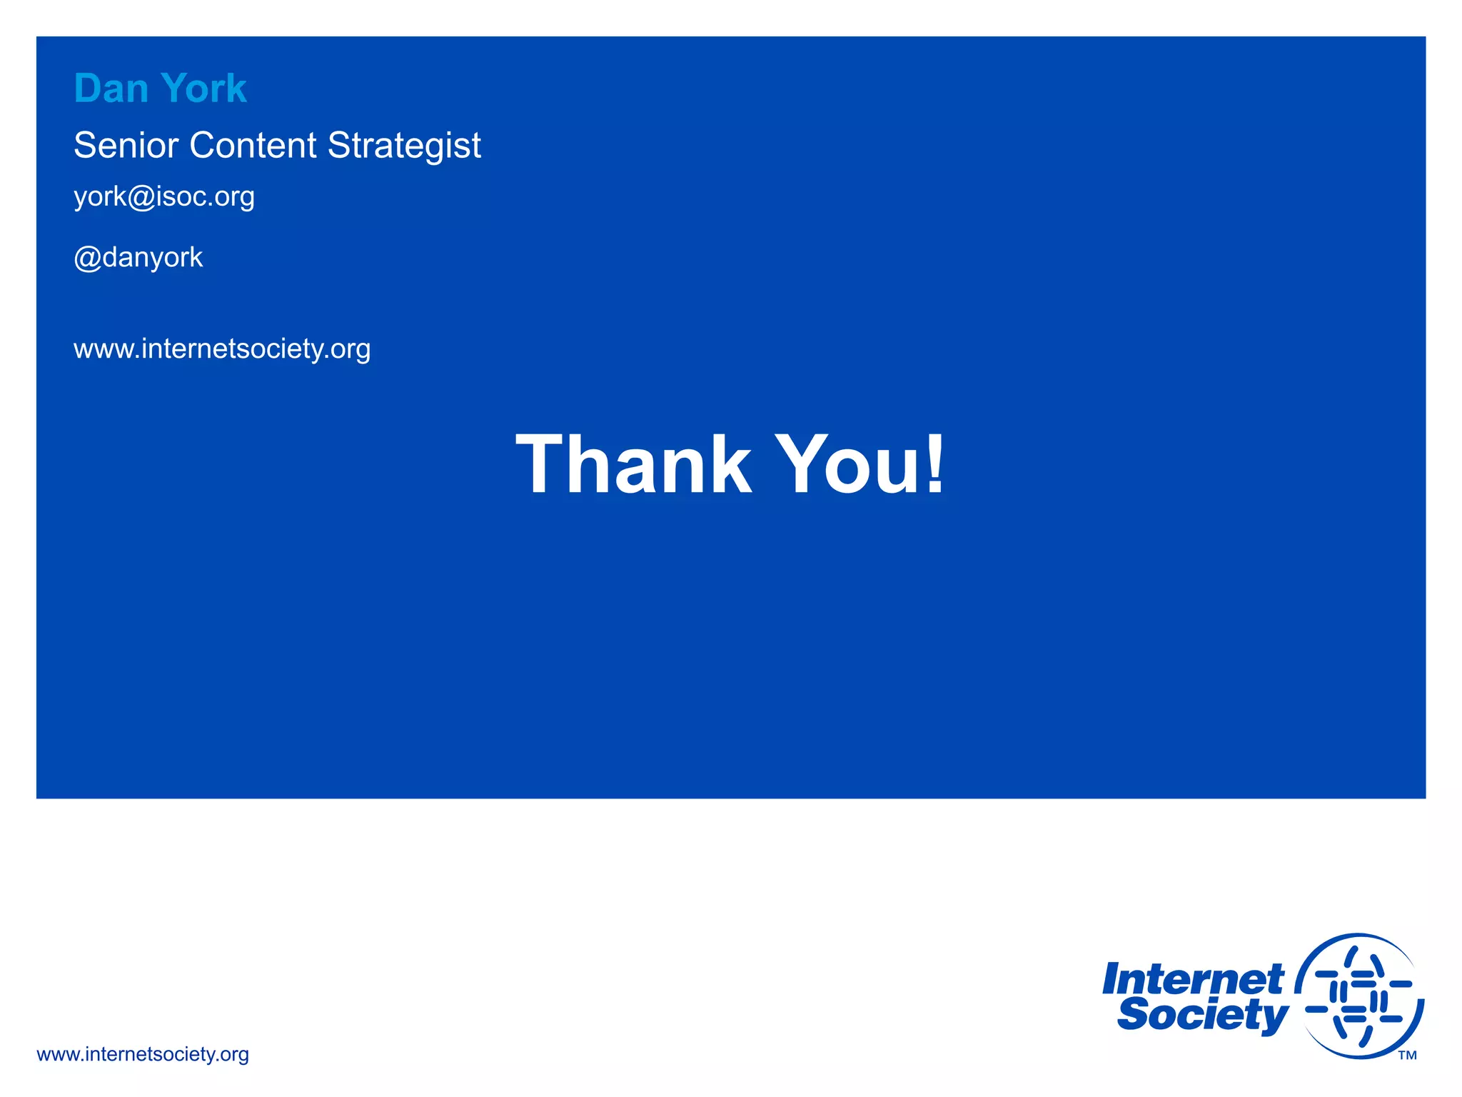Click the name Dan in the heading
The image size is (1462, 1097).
[111, 89]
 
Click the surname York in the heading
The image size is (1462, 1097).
[204, 89]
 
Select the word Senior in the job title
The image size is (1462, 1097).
[126, 145]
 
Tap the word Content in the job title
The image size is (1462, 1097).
[253, 145]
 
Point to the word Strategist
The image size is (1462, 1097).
[404, 146]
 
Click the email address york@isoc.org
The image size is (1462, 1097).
[164, 196]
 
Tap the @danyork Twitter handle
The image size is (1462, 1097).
[138, 257]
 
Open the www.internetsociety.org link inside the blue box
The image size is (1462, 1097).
[222, 349]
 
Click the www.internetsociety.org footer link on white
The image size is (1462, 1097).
[143, 1054]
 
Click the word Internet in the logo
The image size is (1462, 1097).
[1193, 979]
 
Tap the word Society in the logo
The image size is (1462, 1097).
[1203, 1015]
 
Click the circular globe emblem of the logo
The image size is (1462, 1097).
[1359, 996]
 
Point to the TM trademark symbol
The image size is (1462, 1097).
[1407, 1056]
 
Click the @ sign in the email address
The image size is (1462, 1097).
[142, 197]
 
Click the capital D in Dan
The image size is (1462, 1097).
[89, 89]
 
